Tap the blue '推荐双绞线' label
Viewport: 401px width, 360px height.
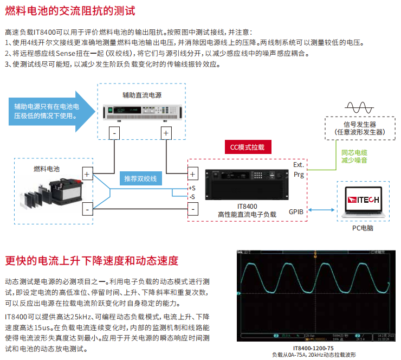tap(140, 178)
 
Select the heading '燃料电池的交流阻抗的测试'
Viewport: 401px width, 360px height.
tap(70, 11)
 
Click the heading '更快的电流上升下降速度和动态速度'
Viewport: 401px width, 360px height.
tap(92, 260)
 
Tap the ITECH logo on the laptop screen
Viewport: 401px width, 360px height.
tap(363, 201)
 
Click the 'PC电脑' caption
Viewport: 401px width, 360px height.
tap(363, 228)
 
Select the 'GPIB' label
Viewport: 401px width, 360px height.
tap(296, 211)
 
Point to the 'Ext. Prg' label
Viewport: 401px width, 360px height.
tap(299, 169)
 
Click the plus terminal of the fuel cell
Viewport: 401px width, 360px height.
tap(87, 174)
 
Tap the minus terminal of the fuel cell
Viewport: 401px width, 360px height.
tap(87, 209)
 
